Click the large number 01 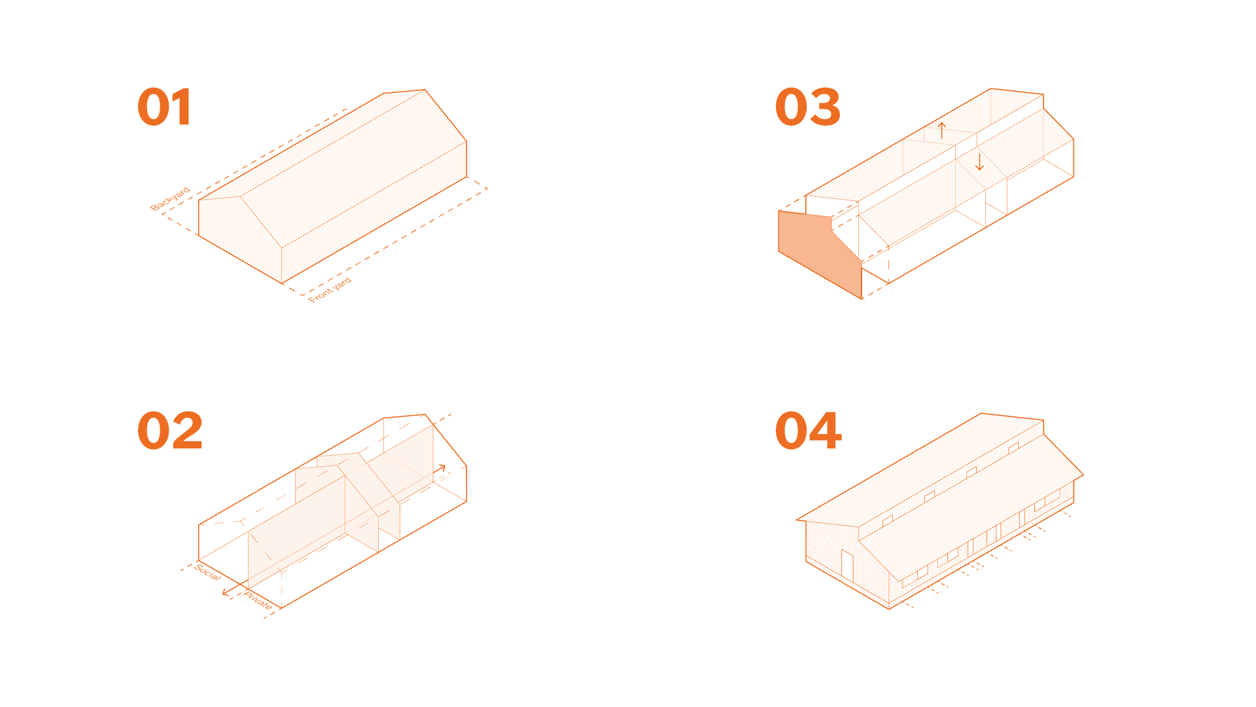click(x=165, y=107)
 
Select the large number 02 click(x=170, y=431)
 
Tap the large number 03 click(x=808, y=107)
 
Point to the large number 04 click(x=809, y=431)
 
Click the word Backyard click(x=170, y=198)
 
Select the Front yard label click(x=330, y=289)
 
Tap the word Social click(x=207, y=572)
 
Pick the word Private click(x=258, y=600)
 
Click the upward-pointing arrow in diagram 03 click(x=941, y=130)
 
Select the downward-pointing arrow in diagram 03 click(x=979, y=162)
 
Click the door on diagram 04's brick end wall click(x=847, y=567)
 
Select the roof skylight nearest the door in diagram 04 click(x=888, y=521)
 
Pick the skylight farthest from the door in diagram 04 click(x=1013, y=448)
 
